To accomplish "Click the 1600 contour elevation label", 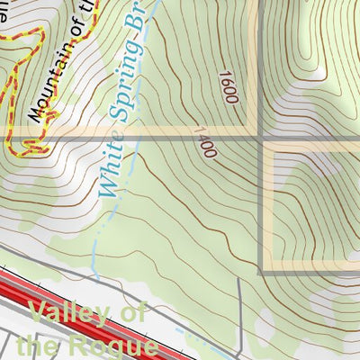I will [227, 87].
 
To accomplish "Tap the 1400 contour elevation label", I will [203, 141].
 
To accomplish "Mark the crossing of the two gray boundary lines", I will [263, 139].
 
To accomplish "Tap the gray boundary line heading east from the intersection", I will [315, 139].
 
